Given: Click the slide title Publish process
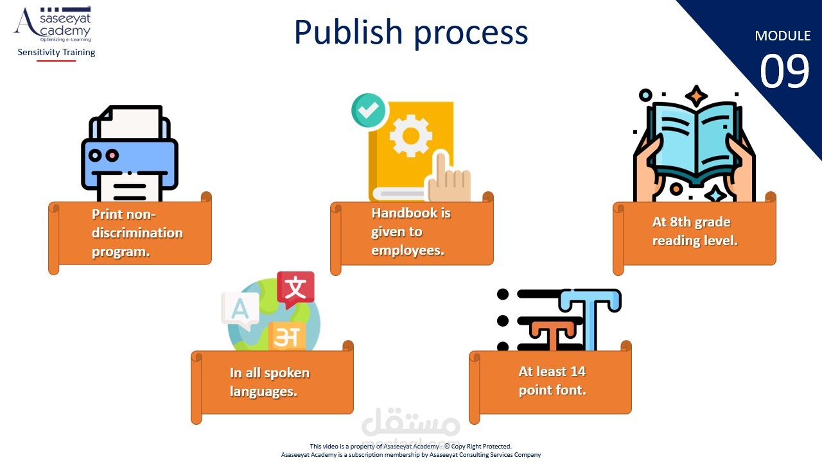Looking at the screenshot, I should click(411, 33).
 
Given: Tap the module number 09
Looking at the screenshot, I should click(784, 71).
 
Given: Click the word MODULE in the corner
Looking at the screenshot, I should click(782, 36).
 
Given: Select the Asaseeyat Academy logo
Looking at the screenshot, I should click(53, 24).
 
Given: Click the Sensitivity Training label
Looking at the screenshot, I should click(57, 52).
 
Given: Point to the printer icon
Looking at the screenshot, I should click(129, 154).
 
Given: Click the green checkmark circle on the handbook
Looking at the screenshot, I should click(368, 110).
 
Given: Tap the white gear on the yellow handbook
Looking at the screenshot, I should click(410, 136).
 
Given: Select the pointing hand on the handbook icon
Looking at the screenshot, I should click(448, 176).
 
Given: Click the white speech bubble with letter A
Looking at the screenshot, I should click(240, 310).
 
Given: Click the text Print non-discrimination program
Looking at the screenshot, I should click(137, 232).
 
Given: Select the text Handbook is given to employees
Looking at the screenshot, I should click(411, 231).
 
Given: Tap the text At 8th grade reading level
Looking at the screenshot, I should click(694, 231).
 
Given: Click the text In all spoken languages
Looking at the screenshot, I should click(270, 381).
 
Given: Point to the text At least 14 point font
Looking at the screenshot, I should click(552, 380).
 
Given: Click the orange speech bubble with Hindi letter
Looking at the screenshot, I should click(286, 336).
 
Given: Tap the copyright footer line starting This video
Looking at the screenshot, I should click(411, 446).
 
